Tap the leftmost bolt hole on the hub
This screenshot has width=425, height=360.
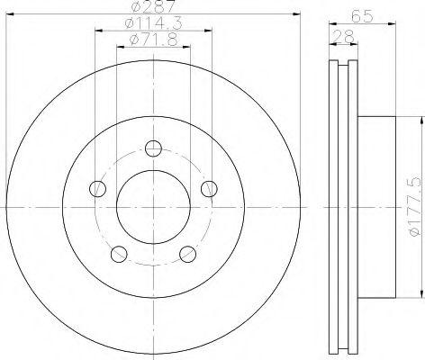tap(96, 189)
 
